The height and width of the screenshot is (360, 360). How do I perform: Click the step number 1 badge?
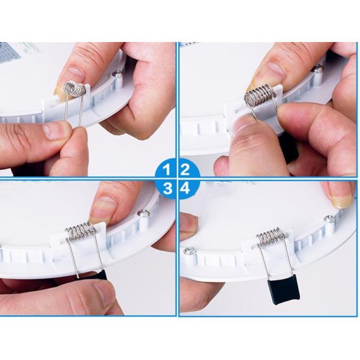pyautogui.click(x=167, y=169)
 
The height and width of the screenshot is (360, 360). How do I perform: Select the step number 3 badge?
pyautogui.click(x=167, y=188)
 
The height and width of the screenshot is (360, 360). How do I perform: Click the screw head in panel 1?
pyautogui.click(x=118, y=74)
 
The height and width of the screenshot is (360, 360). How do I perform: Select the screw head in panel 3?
pyautogui.click(x=143, y=213)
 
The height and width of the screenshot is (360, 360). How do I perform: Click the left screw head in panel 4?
pyautogui.click(x=190, y=251)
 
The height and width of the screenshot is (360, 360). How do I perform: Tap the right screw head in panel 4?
pyautogui.click(x=330, y=219)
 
